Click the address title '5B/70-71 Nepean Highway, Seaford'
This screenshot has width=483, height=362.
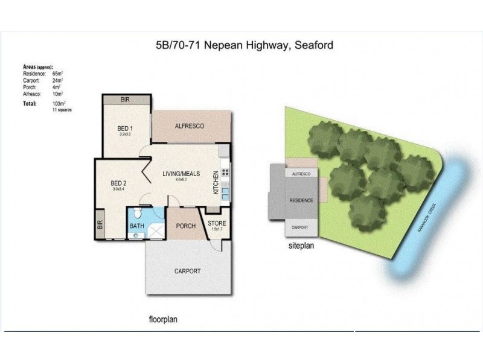[x=241, y=45]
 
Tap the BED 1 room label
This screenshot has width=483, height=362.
[x=126, y=128]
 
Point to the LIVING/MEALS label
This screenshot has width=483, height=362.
[x=180, y=174]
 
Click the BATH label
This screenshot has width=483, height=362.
[x=137, y=227]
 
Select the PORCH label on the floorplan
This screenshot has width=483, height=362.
[x=185, y=226]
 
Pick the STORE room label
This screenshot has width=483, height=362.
[x=217, y=224]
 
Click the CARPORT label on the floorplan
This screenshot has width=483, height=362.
[x=188, y=271]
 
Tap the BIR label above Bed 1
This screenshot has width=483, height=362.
[x=126, y=100]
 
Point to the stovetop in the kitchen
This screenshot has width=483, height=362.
[x=225, y=173]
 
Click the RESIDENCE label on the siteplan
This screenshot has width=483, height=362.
[x=301, y=200]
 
